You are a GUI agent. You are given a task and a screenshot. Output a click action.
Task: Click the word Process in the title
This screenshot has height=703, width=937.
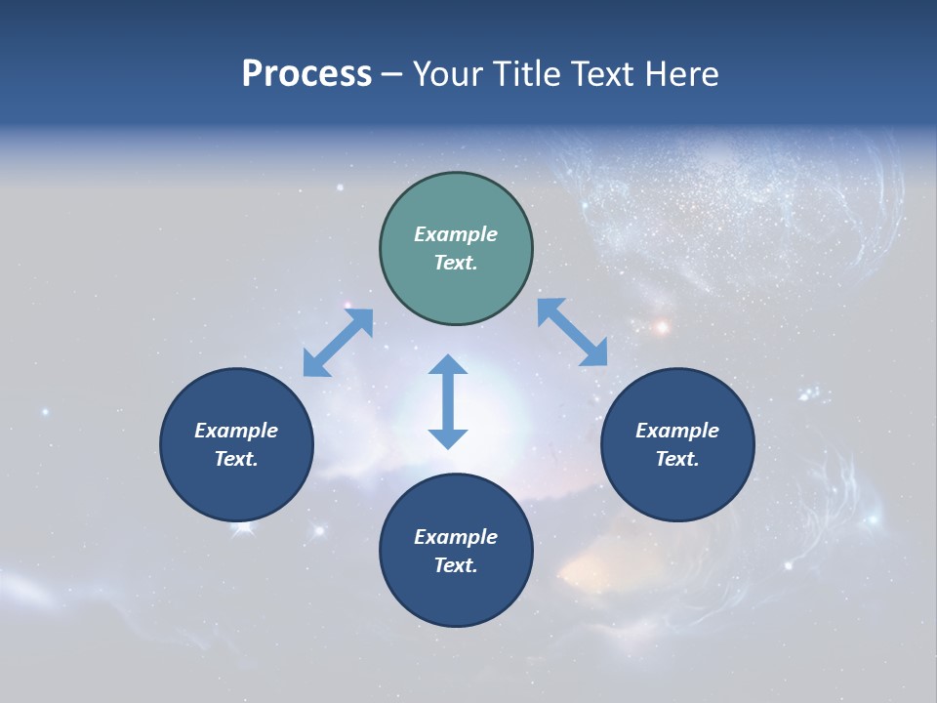pos(306,74)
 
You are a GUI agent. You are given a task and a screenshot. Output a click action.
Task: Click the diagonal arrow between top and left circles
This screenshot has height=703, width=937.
pos(338,343)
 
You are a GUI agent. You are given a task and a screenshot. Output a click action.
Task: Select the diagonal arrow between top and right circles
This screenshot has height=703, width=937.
pos(573,333)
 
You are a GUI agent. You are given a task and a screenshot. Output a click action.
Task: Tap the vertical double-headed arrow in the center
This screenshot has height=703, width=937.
pos(448,401)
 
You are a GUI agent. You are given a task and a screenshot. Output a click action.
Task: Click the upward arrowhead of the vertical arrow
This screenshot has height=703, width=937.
pos(448,366)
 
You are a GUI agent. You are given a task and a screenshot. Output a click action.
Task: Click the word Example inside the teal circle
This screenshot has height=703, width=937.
pos(456,234)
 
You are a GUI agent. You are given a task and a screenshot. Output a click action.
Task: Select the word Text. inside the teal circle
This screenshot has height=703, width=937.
pos(456,263)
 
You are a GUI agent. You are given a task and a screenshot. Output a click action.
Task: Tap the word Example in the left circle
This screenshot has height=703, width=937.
pos(236,431)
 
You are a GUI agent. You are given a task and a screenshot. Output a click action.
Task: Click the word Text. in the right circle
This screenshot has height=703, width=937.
pos(677,459)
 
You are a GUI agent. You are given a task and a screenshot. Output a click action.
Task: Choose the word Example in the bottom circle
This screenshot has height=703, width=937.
pos(456,537)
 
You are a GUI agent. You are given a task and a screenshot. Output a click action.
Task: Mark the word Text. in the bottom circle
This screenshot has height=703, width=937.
pos(456,565)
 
